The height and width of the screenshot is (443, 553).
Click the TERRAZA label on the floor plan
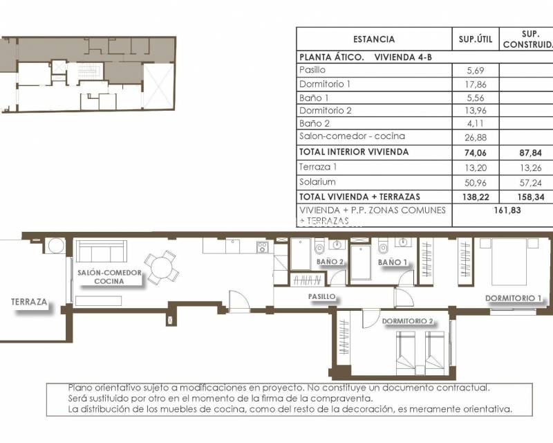click(29, 302)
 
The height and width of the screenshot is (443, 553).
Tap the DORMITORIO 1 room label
click(513, 299)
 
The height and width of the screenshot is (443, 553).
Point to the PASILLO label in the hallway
click(322, 296)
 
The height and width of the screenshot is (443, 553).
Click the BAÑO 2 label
click(330, 262)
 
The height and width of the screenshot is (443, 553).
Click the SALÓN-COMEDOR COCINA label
click(109, 277)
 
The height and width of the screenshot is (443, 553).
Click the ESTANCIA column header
click(373, 39)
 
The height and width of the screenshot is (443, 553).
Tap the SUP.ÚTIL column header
click(475, 39)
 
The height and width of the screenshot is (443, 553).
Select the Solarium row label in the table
click(317, 182)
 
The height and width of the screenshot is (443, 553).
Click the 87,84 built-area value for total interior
click(527, 152)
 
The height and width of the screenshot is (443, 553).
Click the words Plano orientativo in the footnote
click(100, 388)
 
